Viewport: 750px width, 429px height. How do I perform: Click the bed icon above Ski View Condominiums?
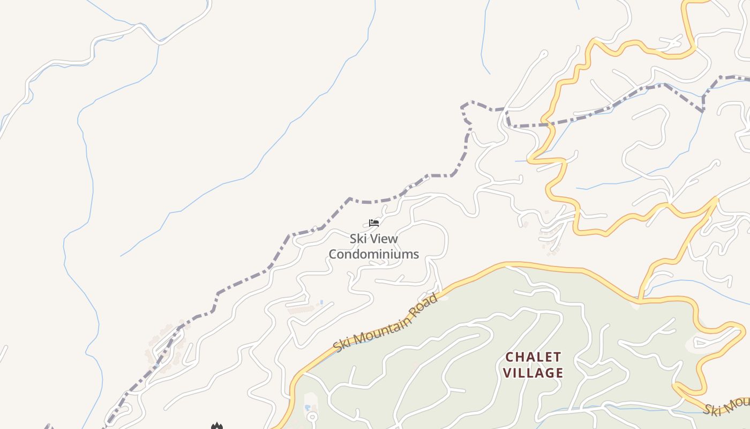(374, 223)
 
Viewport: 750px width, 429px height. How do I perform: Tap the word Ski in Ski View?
(359, 239)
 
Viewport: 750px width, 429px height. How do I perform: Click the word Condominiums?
(373, 254)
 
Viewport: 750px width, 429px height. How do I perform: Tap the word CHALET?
(534, 357)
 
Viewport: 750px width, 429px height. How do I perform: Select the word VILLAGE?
(534, 373)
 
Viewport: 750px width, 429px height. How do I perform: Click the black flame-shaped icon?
(216, 426)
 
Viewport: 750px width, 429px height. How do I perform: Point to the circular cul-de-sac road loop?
(312, 416)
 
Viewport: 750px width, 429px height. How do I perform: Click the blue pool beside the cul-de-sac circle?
(307, 408)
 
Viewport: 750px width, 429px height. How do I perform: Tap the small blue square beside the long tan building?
(321, 302)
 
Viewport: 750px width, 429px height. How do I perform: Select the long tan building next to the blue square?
(302, 309)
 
